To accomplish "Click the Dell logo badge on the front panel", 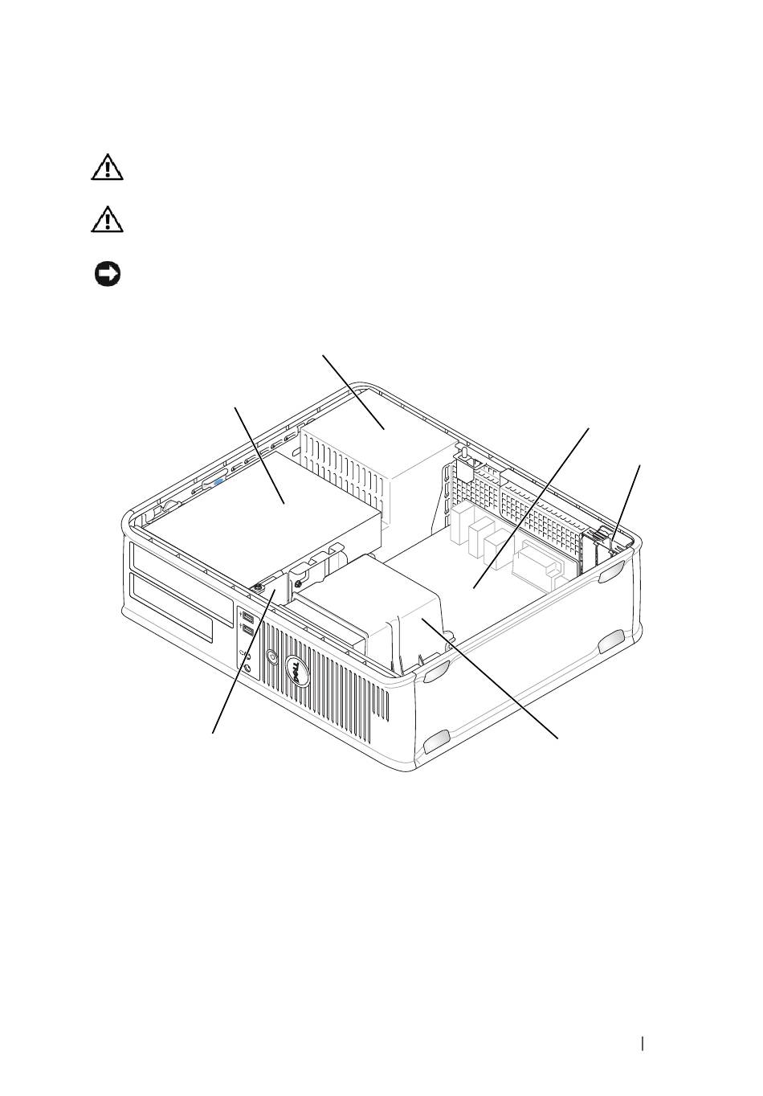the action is [297, 671].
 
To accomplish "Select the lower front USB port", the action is [247, 632].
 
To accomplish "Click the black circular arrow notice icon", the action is [108, 275].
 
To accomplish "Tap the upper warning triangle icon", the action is [107, 168].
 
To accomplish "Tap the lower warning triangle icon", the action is [107, 219].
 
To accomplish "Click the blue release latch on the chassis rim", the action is [218, 482].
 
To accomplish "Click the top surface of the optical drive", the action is [264, 509].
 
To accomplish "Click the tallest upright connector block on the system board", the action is [462, 525].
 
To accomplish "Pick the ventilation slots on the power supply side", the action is [342, 470].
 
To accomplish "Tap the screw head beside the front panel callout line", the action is [257, 586].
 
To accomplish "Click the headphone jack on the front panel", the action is [247, 669].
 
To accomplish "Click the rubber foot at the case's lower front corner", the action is [436, 744].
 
